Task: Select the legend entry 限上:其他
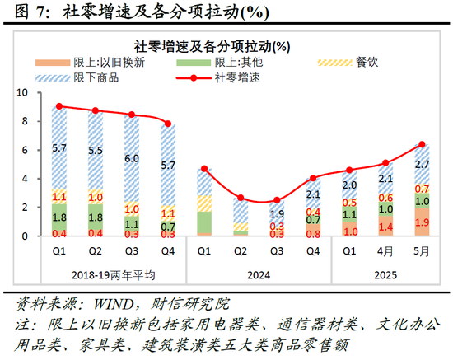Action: coord(222,63)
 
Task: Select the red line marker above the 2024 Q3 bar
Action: coord(277,200)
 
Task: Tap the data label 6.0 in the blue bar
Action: coord(132,159)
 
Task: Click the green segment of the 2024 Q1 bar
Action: coord(204,223)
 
